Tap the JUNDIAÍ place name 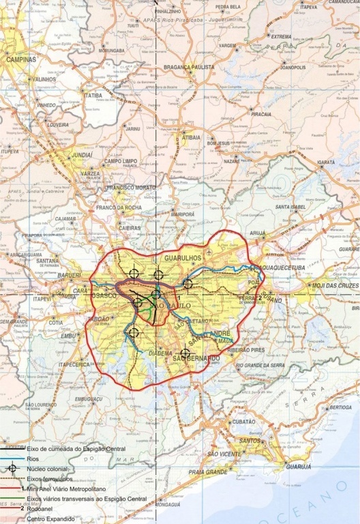point(82,155)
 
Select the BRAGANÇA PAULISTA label point(189,68)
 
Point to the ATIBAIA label point(192,137)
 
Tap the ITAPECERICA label point(74,364)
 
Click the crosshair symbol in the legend point(12,468)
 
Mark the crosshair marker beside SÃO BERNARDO point(185,353)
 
